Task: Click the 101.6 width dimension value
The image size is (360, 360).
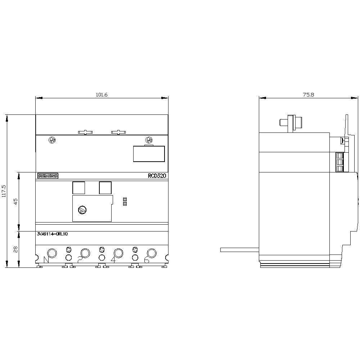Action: click(102, 95)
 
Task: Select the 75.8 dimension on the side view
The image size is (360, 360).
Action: click(309, 95)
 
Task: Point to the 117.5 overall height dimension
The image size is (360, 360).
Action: click(4, 191)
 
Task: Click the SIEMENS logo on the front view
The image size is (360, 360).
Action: click(48, 176)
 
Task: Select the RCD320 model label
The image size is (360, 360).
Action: click(157, 176)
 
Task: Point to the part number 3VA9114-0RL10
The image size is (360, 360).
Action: click(52, 234)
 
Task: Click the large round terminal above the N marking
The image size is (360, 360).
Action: click(51, 253)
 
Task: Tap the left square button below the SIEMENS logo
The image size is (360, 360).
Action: click(78, 188)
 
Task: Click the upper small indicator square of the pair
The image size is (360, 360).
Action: click(125, 199)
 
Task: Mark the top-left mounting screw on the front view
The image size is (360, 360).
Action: click(52, 140)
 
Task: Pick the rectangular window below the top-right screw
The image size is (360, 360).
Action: click(149, 154)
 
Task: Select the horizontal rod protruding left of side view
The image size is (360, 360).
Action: click(240, 249)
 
